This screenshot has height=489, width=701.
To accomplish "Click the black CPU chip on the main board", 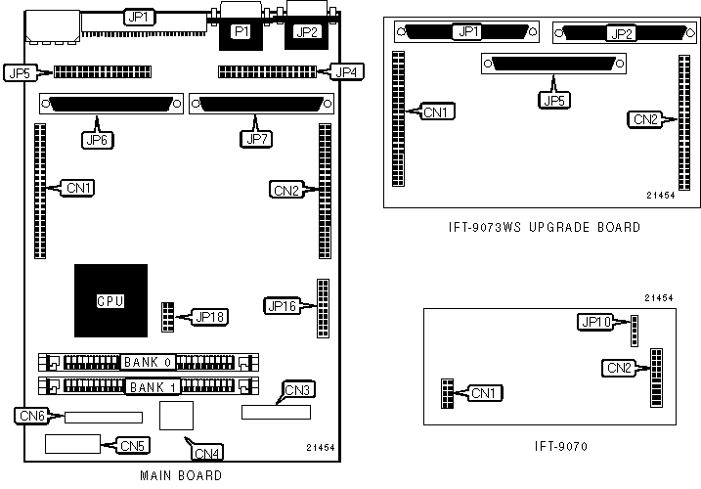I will [x=110, y=300].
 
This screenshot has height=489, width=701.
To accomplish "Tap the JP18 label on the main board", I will [x=210, y=316].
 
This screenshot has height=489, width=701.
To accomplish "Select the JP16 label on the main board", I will [x=281, y=306].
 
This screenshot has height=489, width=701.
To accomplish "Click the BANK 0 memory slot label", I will [x=149, y=362].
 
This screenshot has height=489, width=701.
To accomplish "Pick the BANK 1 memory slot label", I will [x=150, y=387].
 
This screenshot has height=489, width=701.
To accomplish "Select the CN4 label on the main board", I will [x=207, y=452].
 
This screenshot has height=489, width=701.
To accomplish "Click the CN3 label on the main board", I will [x=298, y=391].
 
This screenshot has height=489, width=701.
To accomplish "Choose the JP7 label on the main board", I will [x=253, y=139].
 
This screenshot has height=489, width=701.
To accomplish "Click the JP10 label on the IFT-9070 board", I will [x=594, y=322].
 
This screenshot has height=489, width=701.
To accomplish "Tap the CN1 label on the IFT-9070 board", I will [x=483, y=393].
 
